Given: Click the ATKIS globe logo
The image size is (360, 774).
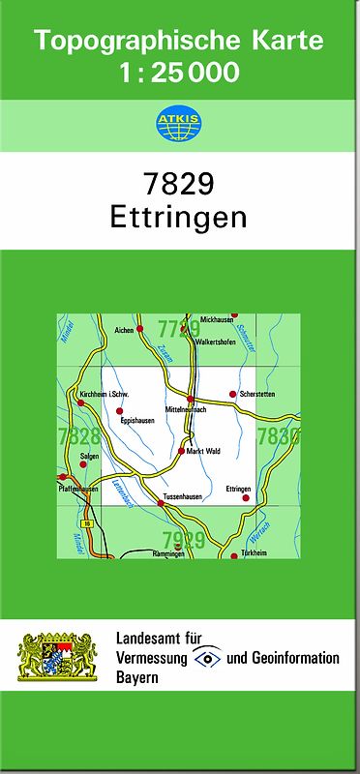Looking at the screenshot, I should point(178,123).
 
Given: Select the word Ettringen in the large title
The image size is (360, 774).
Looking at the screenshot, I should point(179,217).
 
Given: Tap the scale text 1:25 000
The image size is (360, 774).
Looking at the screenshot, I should point(179,72).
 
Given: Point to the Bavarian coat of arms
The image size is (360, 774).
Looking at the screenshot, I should point(57,657).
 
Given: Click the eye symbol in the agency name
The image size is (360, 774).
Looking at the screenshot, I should point(206,658).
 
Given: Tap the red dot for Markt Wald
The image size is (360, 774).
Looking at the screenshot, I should point(181,451).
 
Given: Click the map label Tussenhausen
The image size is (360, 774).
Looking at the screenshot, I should point(183,496).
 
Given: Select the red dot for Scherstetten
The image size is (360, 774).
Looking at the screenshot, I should point(232,394).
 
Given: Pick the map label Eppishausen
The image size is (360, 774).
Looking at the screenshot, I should point(137,421).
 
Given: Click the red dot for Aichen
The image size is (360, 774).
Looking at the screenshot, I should point(140,330).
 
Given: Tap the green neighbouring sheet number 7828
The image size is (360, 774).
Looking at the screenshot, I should point(78,436).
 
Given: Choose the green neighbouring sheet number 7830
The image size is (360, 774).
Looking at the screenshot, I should point(278,436).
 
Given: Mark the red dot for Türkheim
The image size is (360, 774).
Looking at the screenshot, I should point(233,555).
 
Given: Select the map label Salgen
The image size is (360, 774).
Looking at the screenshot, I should point(89,455).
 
